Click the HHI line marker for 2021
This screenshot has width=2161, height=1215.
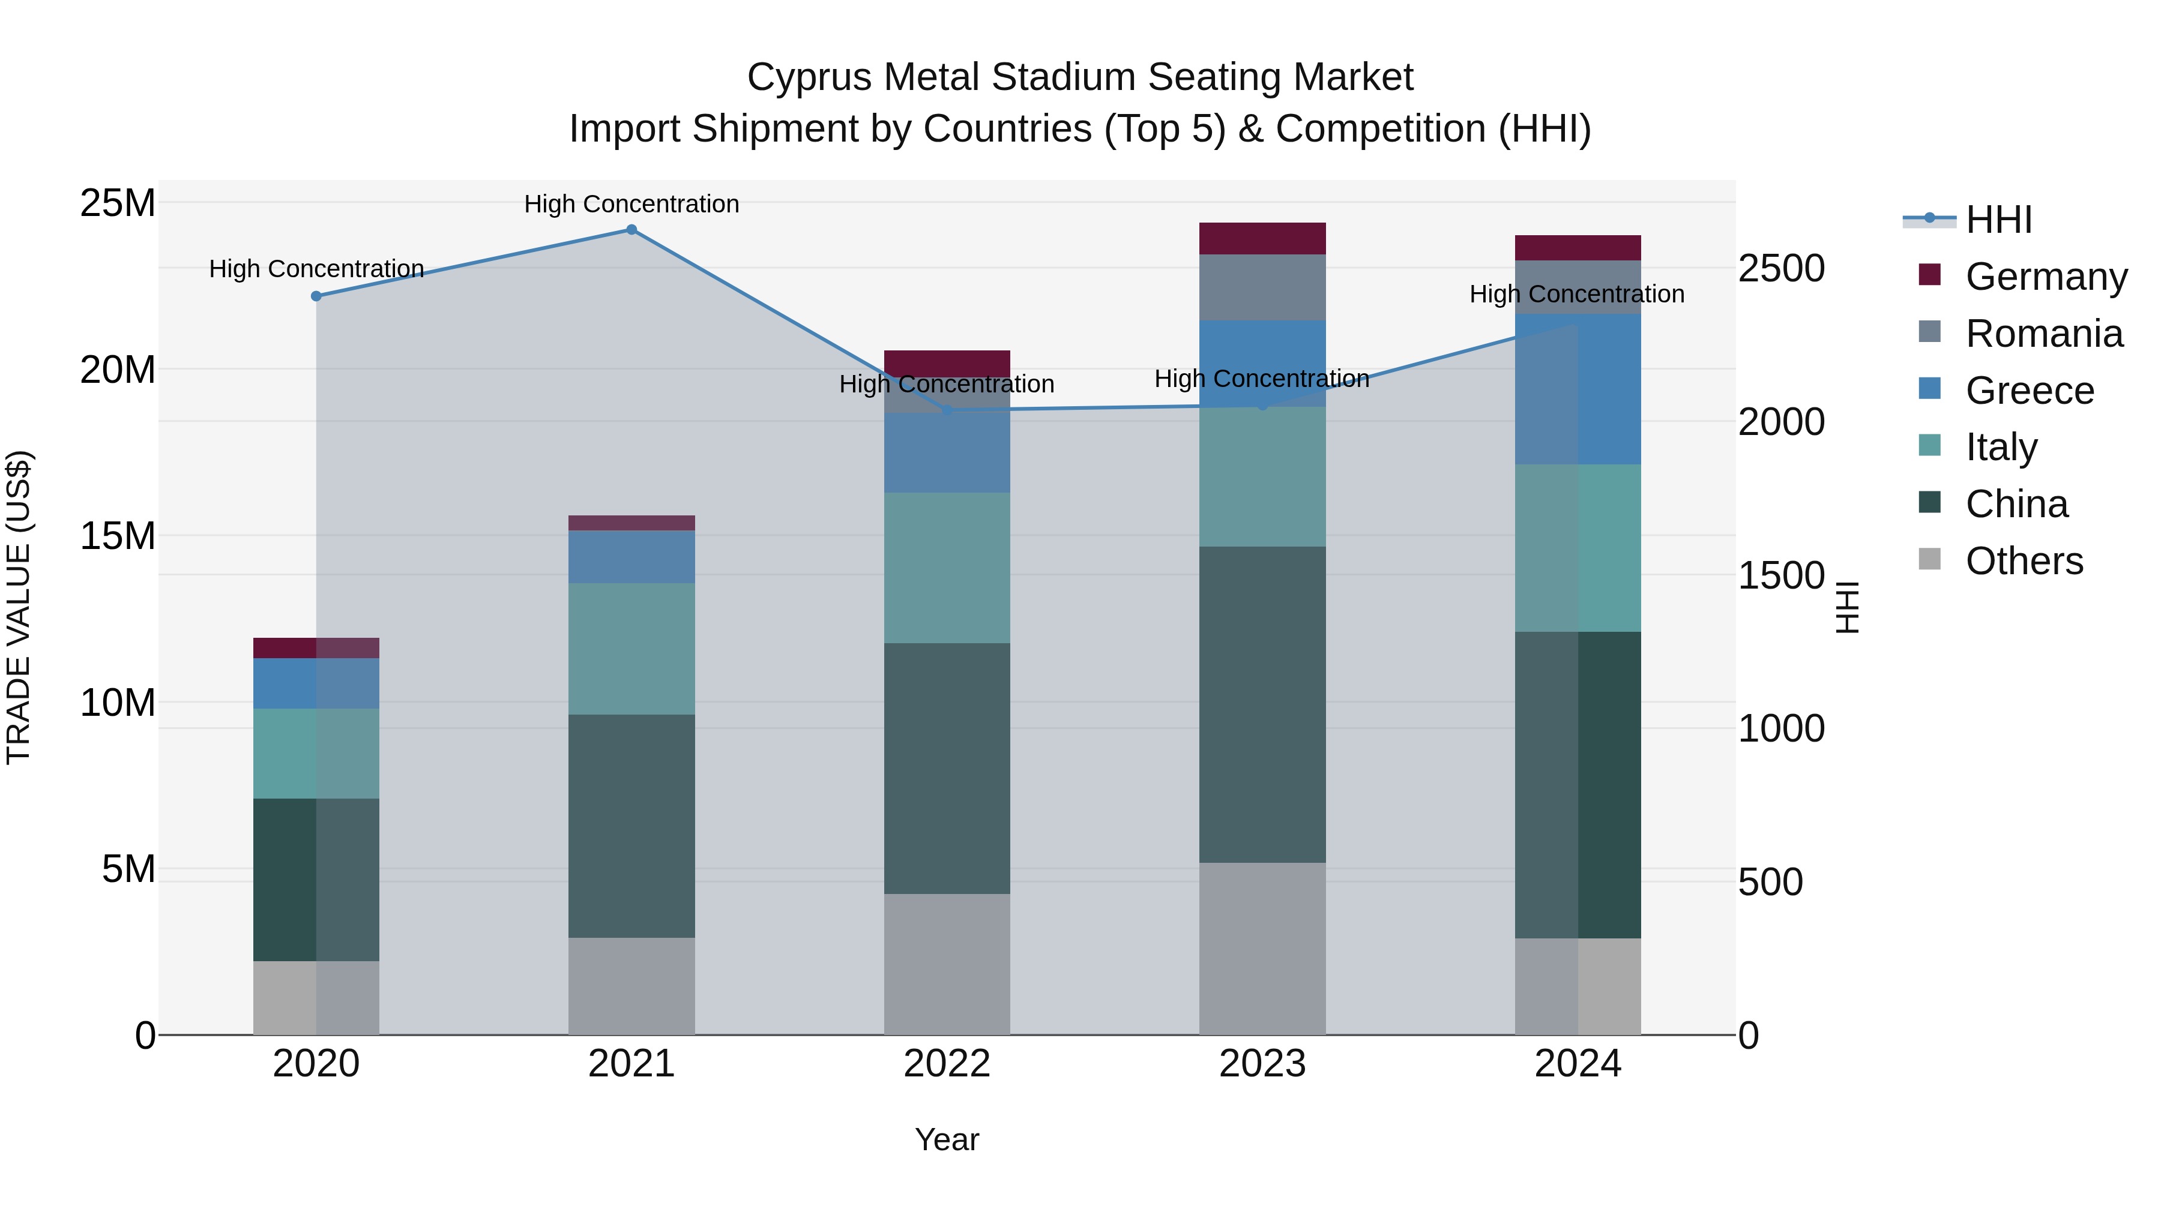click(631, 230)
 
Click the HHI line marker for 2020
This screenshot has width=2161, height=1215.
click(316, 296)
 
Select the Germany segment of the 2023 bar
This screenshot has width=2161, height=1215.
click(1262, 238)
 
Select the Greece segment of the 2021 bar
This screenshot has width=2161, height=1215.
click(631, 557)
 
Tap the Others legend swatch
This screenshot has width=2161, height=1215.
click(1929, 559)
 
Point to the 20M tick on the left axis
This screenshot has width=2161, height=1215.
click(118, 370)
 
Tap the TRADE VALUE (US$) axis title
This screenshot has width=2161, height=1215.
click(19, 607)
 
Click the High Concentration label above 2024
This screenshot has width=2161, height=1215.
click(1576, 295)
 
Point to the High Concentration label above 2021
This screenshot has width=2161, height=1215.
click(631, 204)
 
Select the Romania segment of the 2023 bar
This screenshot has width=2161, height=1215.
click(1262, 287)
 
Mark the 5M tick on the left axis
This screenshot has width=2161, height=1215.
click(128, 869)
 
